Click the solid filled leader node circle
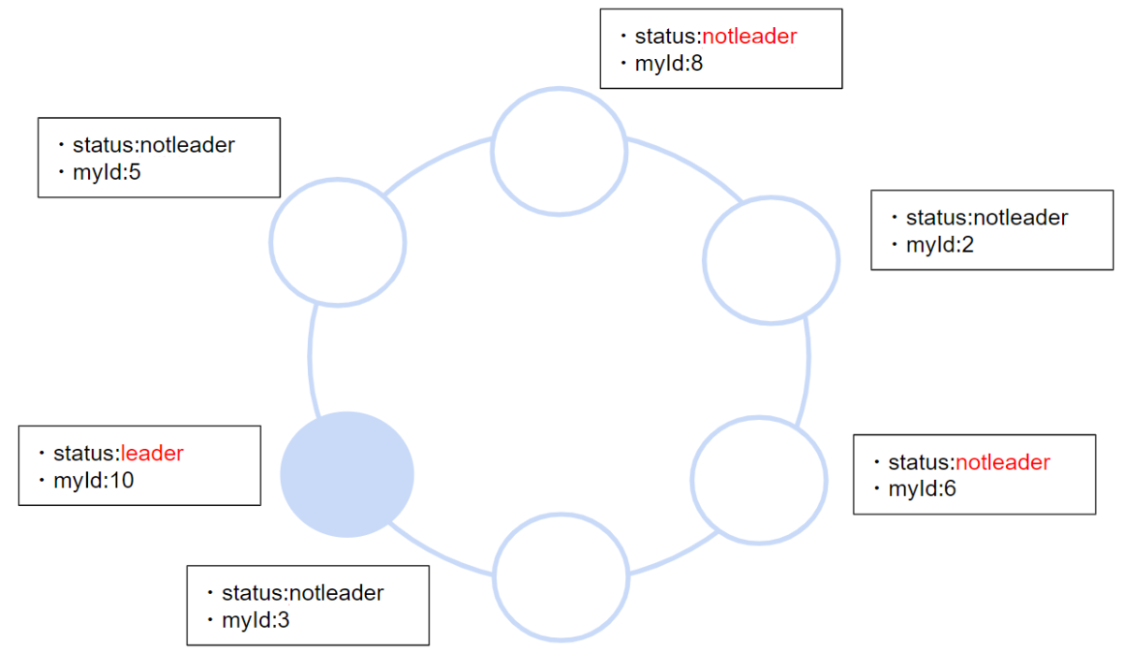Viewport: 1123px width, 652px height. pyautogui.click(x=347, y=474)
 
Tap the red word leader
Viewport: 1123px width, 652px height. pyautogui.click(x=153, y=454)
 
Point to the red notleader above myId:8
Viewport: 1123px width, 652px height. pyautogui.click(x=750, y=36)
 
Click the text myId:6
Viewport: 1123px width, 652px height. pyautogui.click(x=922, y=488)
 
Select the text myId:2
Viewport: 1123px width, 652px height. pyautogui.click(x=940, y=245)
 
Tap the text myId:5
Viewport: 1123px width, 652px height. pyautogui.click(x=107, y=172)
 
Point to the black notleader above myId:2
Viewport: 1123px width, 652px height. pyautogui.click(x=1020, y=218)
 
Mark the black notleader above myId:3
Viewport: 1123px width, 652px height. pyautogui.click(x=336, y=593)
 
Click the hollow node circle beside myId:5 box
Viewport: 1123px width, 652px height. pyautogui.click(x=338, y=240)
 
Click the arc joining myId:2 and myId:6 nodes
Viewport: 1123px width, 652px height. pyautogui.click(x=807, y=369)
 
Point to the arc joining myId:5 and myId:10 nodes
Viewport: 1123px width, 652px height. pyautogui.click(x=312, y=360)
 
